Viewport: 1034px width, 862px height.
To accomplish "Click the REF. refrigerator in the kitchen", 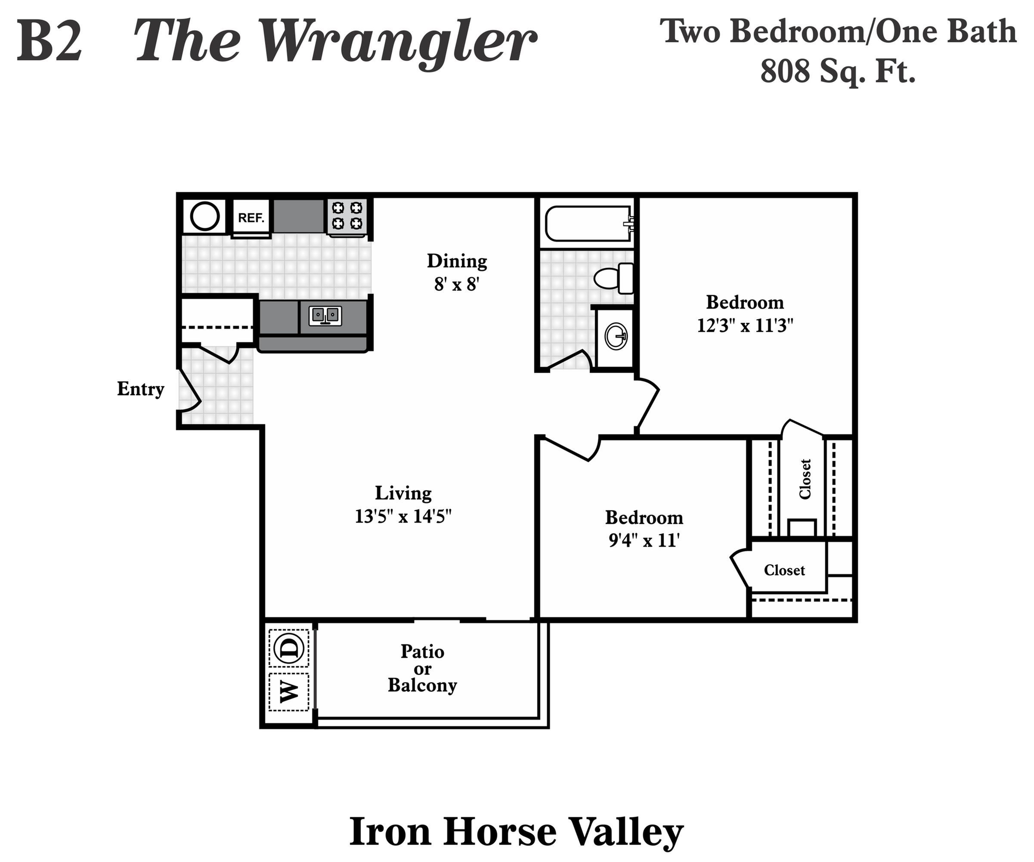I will click(251, 217).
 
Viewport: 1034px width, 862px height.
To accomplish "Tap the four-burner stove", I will click(347, 216).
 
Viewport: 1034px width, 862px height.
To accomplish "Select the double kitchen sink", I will click(325, 315).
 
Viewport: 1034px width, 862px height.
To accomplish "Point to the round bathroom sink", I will click(616, 337).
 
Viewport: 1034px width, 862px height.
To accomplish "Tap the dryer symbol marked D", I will click(289, 648).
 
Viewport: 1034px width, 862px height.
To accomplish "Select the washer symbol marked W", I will click(289, 691).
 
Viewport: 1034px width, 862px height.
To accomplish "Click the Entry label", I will click(140, 389).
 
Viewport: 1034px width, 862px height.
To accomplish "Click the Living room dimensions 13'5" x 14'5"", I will click(403, 516).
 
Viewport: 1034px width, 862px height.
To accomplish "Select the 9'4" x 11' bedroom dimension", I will click(644, 541).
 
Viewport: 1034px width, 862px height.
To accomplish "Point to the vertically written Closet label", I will click(805, 479).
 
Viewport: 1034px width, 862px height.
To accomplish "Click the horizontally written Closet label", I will click(784, 570).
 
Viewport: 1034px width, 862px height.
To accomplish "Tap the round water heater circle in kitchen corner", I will click(205, 216).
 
